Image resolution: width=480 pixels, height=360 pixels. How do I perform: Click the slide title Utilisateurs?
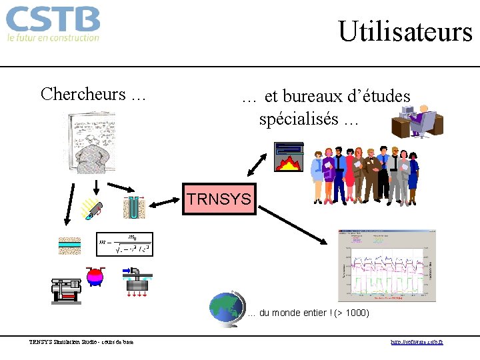(405, 31)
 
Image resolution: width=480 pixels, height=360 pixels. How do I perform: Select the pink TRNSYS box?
(219, 199)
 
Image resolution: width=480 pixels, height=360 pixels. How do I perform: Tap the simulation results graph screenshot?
(387, 265)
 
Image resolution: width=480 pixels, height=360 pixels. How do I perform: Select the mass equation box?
(125, 245)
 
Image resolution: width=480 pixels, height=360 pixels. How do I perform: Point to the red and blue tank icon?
(96, 276)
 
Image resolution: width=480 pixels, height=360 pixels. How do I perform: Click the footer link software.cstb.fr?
(417, 342)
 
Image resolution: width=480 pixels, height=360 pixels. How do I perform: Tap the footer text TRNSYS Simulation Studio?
(81, 342)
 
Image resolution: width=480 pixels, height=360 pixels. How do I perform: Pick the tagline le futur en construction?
(53, 38)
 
